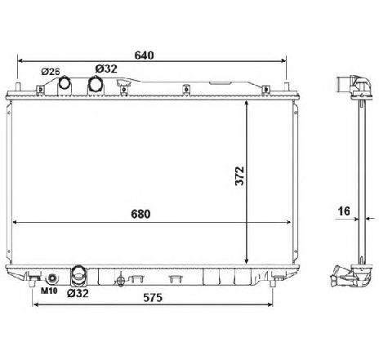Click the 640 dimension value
[x=144, y=56]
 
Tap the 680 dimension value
[x=140, y=214]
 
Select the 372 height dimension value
[x=240, y=176]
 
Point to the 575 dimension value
[x=153, y=297]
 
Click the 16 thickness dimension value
[x=344, y=211]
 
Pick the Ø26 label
[x=51, y=72]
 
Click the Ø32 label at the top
[x=106, y=69]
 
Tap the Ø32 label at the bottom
[x=78, y=293]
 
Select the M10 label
[x=49, y=291]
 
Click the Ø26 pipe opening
[x=65, y=82]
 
